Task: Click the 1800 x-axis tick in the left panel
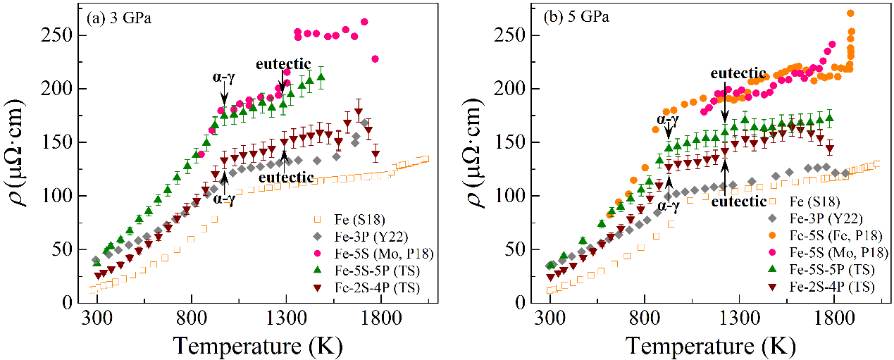point(380,316)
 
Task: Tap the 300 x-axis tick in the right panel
point(550,316)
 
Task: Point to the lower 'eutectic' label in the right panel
point(738,201)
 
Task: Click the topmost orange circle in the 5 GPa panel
point(850,13)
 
